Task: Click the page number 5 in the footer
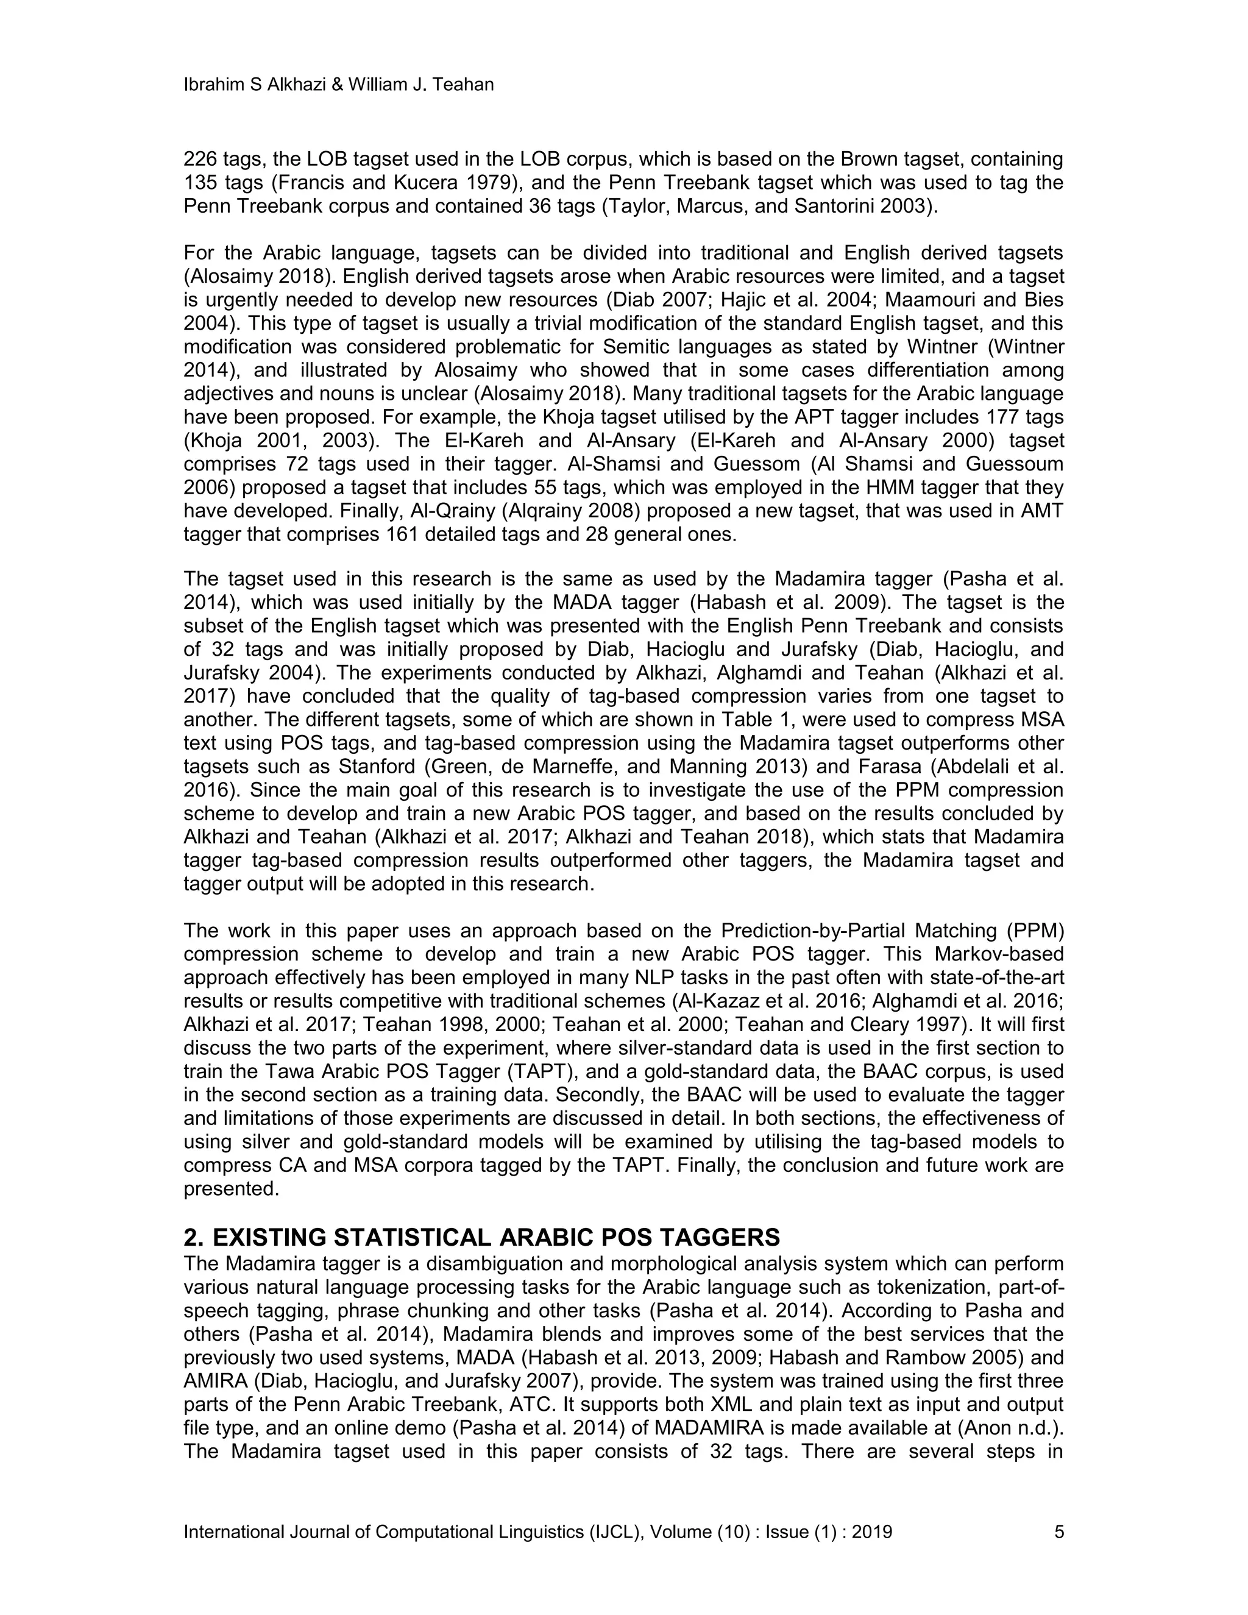(x=1058, y=1532)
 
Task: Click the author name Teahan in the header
(x=464, y=85)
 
